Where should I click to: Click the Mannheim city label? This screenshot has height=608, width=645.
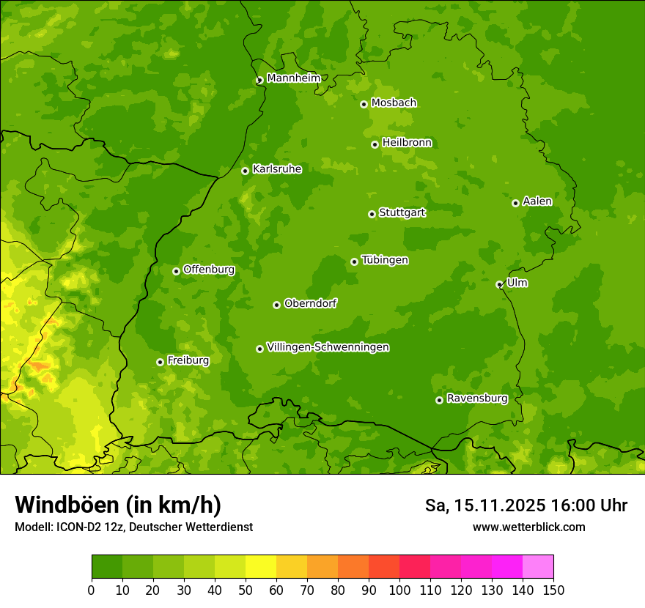point(293,78)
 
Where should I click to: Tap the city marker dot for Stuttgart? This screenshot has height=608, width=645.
point(372,214)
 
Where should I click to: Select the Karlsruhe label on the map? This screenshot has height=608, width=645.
point(276,169)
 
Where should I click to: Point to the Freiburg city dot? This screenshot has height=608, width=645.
point(160,362)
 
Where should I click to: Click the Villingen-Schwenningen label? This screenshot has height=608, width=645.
point(328,347)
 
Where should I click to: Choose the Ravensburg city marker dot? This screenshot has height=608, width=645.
point(439,400)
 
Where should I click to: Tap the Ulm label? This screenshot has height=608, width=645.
point(517,283)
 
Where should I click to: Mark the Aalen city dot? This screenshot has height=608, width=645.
point(515,203)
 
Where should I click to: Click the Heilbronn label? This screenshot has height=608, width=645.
point(407,143)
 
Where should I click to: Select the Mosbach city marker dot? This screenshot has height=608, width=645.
point(364,104)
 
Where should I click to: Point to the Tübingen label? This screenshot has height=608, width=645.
point(385,260)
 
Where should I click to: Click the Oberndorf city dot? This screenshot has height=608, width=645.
point(276,305)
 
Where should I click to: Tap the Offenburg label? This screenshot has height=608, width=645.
point(209,270)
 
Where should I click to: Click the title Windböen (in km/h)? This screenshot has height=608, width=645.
point(118,505)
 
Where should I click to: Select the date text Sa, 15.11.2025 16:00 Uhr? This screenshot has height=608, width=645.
point(526,505)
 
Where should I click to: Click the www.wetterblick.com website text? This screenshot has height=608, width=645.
point(528,527)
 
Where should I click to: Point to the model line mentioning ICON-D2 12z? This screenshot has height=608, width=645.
point(133,527)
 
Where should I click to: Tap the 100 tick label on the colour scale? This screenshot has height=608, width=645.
point(399,590)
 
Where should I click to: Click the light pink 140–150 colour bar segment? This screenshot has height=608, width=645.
point(538,567)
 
